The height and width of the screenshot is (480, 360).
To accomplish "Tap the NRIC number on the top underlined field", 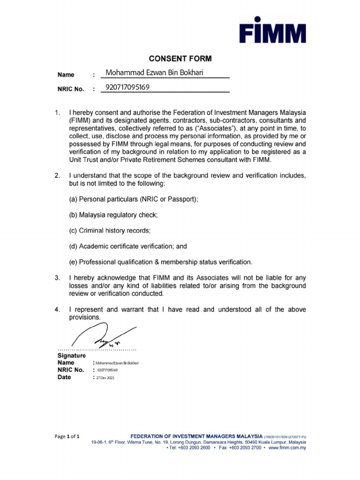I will click(128, 87).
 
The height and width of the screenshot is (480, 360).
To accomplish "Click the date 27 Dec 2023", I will click(105, 378).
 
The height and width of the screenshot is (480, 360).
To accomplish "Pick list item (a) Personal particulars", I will click(134, 199).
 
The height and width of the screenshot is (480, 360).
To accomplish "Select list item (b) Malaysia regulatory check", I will click(113, 215).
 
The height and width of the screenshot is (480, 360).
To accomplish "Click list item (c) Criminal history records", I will click(110, 231).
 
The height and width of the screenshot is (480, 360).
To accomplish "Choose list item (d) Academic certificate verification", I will click(128, 246).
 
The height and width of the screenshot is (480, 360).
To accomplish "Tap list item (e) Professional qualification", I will click(161, 262).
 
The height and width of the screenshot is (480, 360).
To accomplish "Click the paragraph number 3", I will click(57, 278).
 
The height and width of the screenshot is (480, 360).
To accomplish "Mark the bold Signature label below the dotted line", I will click(71, 356).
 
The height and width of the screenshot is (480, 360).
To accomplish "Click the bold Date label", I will click(64, 377).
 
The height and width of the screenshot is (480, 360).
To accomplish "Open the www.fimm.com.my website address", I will click(287, 448).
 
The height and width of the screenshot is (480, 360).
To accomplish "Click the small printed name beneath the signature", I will click(117, 363).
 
